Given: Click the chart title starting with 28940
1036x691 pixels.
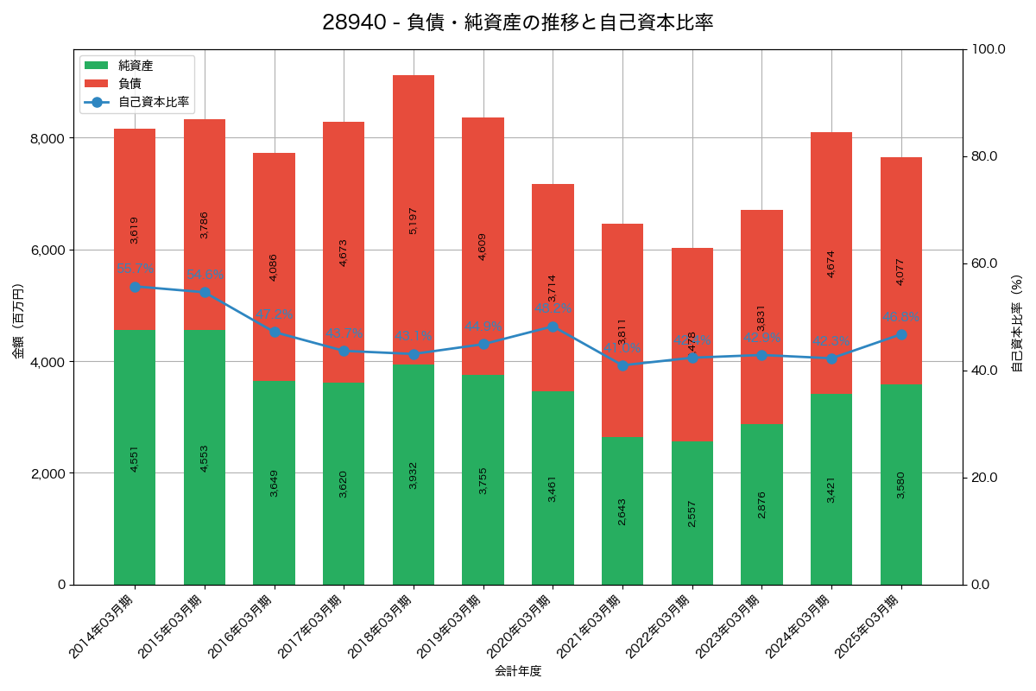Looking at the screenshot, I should pyautogui.click(x=518, y=22).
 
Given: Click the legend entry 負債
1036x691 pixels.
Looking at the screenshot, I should pyautogui.click(x=129, y=83).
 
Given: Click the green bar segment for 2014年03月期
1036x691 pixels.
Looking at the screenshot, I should pyautogui.click(x=135, y=457).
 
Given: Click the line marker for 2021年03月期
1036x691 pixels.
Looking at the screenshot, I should pyautogui.click(x=622, y=365).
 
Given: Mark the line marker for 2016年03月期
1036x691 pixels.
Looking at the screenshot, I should pyautogui.click(x=275, y=332).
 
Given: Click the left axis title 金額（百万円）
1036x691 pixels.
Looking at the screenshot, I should pyautogui.click(x=18, y=321).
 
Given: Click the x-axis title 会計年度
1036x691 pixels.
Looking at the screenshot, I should pyautogui.click(x=518, y=671).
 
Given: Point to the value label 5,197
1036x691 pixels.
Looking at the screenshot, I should pyautogui.click(x=414, y=220).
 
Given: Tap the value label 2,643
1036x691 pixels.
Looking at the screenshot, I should pyautogui.click(x=622, y=511).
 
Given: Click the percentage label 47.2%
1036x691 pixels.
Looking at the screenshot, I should pyautogui.click(x=275, y=314).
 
